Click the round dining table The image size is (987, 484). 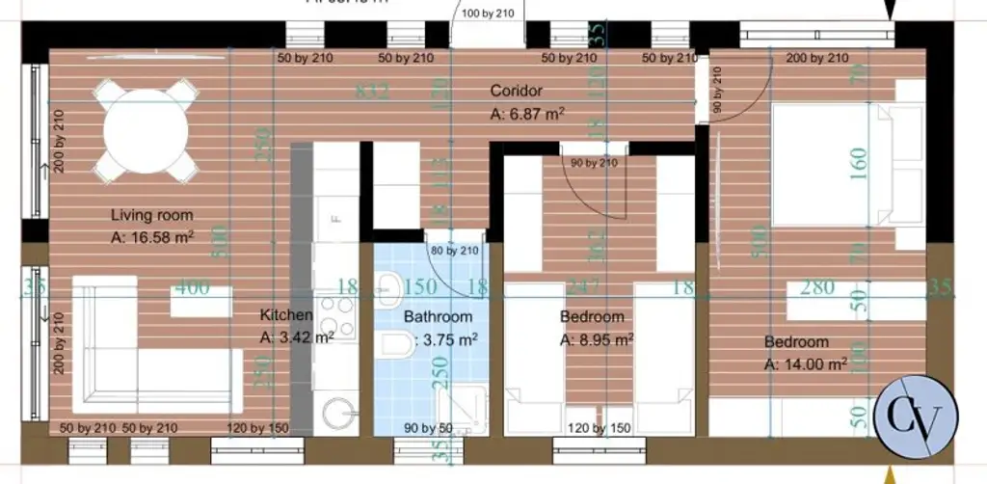tap(146, 129)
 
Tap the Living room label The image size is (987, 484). tap(151, 215)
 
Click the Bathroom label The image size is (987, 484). tap(438, 316)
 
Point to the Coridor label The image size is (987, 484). tap(517, 91)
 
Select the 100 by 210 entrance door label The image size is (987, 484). tap(490, 13)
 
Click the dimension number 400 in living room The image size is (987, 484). tap(191, 286)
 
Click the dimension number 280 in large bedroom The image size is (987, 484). tap(816, 287)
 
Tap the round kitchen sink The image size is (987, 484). tap(337, 416)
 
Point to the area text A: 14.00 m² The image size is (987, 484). tap(806, 364)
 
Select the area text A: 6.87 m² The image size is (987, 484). tap(526, 114)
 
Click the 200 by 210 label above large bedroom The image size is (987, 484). tap(817, 59)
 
